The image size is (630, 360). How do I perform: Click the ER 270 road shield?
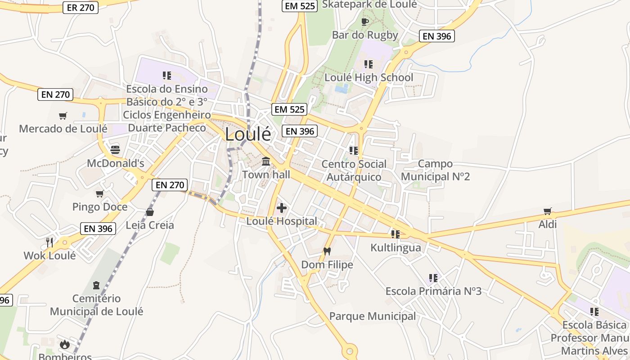tap(81, 8)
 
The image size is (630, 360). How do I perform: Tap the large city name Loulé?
tap(248, 134)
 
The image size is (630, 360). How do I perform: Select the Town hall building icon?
tap(266, 161)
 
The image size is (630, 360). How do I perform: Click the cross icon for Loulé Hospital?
tap(282, 207)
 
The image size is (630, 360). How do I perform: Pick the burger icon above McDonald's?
tap(115, 149)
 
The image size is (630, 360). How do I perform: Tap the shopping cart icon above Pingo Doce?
tap(99, 193)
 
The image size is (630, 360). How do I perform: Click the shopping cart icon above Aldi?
tap(548, 211)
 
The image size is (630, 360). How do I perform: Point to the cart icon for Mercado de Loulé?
tap(63, 116)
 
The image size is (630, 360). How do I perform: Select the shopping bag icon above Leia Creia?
tap(149, 211)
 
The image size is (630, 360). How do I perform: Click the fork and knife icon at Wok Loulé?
tap(49, 242)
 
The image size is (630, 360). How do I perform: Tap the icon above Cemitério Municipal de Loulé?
tap(96, 285)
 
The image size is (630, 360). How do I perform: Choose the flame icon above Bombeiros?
tap(65, 344)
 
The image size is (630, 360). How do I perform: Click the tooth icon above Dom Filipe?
tap(327, 251)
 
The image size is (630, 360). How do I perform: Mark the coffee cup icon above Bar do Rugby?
tap(365, 22)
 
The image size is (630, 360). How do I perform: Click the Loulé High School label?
tap(369, 77)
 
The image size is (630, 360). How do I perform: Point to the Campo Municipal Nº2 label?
tap(435, 170)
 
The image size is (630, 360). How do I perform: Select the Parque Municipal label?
tap(373, 316)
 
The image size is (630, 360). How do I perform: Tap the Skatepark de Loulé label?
tap(370, 4)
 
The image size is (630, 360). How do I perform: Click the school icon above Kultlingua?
tap(396, 234)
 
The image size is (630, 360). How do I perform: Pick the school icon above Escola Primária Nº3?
tap(433, 278)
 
